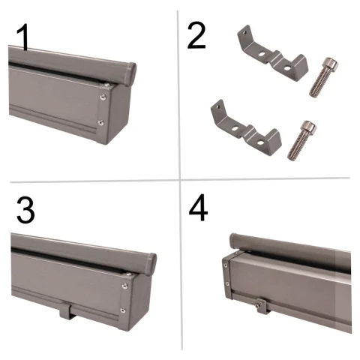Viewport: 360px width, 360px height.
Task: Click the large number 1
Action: coord(23,37)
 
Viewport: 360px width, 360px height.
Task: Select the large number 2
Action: coord(196,35)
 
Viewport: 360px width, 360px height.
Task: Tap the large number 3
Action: coord(25,210)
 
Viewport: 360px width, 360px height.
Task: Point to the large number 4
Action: coord(198,208)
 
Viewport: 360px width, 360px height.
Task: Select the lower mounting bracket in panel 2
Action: coord(246,129)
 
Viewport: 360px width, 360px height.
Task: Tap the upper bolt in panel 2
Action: coord(323,77)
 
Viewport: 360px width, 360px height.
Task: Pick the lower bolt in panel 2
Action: coord(302,140)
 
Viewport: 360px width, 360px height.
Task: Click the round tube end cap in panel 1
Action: coord(131,74)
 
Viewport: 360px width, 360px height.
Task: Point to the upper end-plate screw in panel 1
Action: coord(103,97)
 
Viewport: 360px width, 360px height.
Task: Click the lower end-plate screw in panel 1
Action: coord(101,122)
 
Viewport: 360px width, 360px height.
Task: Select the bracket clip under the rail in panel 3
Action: coord(68,311)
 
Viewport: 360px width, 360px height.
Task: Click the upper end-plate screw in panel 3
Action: coord(124,286)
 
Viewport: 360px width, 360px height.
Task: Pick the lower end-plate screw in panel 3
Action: coord(123,310)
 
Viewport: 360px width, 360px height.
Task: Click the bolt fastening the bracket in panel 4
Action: coord(259,304)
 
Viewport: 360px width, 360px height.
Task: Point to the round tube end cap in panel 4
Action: coord(233,241)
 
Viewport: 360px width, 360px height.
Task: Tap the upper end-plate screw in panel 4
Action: coord(226,265)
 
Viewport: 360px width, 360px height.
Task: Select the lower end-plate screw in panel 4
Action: coord(227,284)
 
